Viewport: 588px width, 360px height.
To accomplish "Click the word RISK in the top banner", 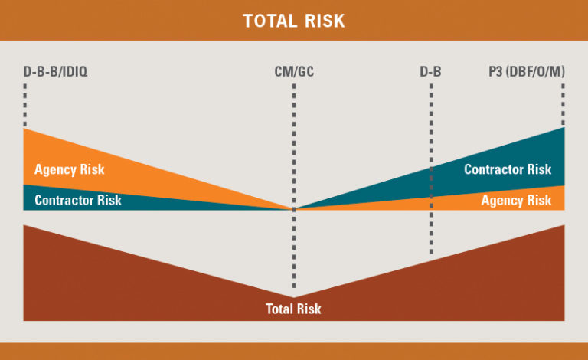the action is [325, 21].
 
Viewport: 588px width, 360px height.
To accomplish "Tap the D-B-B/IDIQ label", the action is [55, 71].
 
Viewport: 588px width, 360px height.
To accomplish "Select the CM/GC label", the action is [294, 71].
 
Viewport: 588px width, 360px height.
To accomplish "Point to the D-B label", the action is [430, 71].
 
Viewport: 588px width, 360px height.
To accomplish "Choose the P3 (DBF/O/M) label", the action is [527, 71].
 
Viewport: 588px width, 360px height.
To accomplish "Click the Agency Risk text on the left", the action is [70, 169].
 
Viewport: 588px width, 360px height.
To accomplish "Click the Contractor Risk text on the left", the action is [78, 200].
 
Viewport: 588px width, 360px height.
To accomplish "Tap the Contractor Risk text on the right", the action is [508, 169].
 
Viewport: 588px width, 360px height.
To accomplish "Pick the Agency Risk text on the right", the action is [516, 201].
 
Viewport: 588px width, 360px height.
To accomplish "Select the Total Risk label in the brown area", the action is [294, 309].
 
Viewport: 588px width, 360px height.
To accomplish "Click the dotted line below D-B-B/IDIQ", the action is [25, 106].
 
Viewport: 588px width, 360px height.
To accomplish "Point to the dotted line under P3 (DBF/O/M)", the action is [563, 105].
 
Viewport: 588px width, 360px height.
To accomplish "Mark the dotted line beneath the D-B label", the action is [431, 169].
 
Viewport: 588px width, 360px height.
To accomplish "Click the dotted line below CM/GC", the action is [294, 186].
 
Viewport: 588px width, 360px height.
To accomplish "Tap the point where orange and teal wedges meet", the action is [294, 209].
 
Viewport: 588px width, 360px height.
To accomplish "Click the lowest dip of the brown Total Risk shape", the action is [294, 297].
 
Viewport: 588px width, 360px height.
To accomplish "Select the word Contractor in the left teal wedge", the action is [64, 200].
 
